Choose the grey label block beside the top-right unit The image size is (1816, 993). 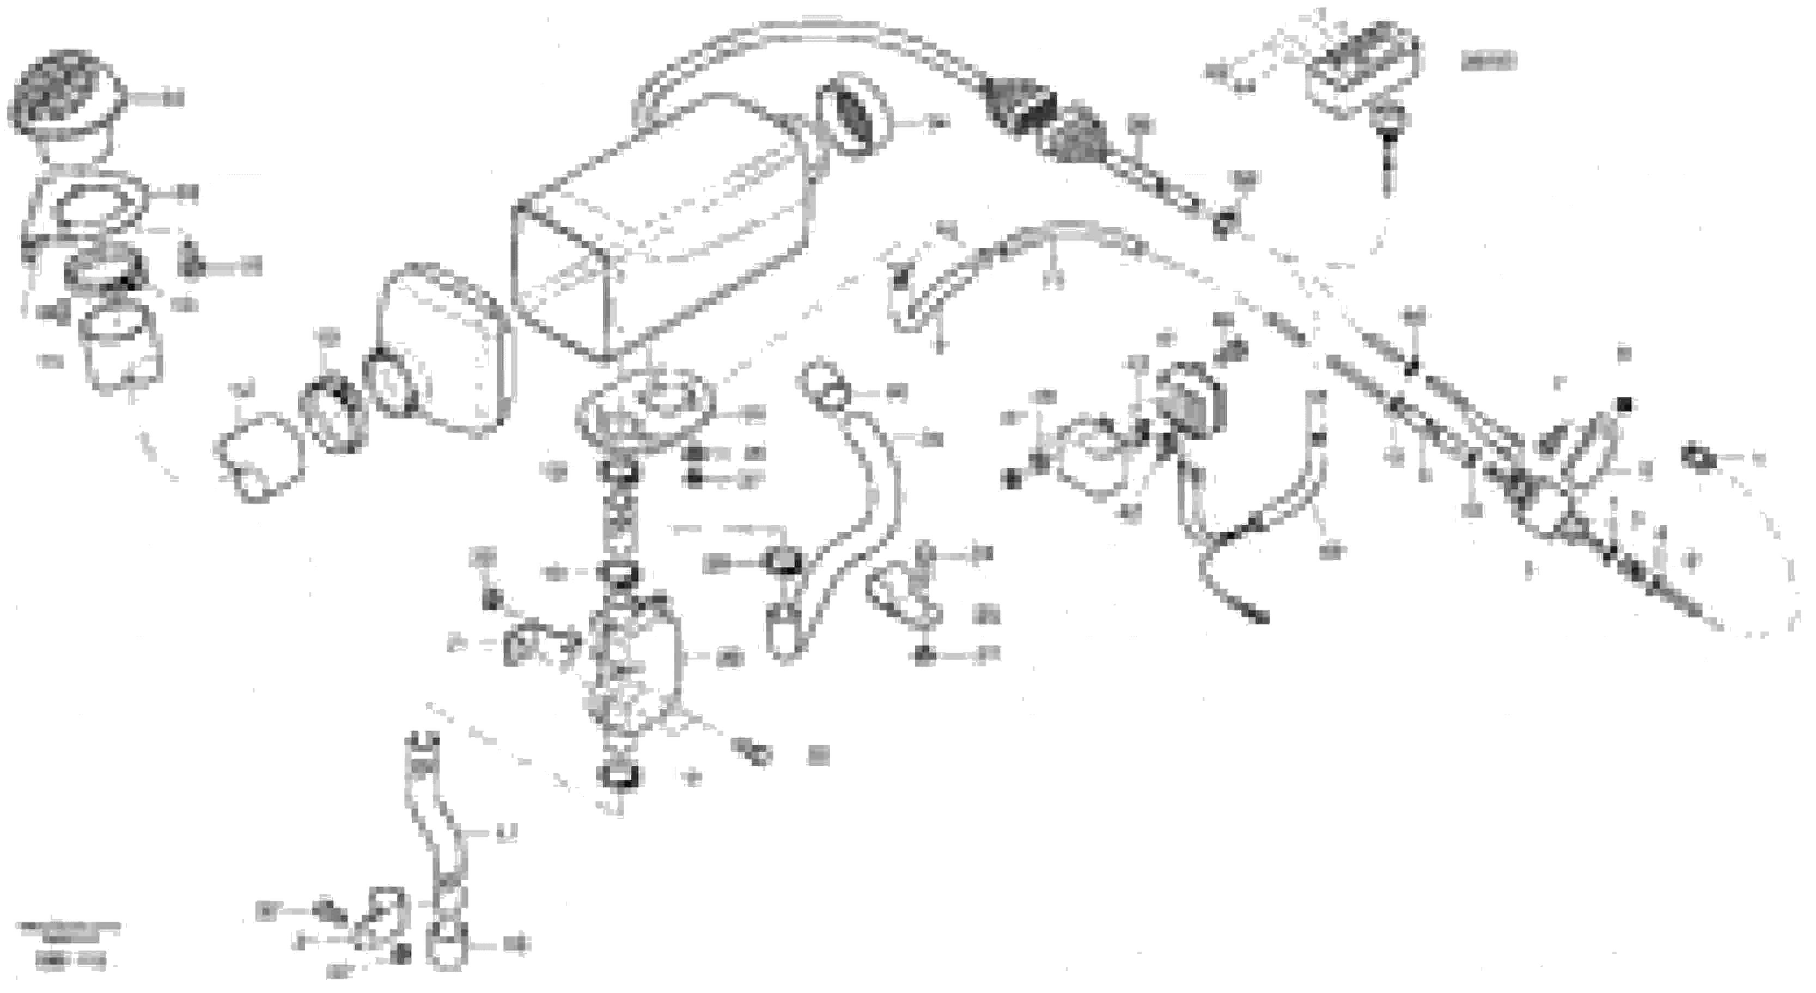(1488, 62)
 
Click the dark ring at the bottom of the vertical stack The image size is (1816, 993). (618, 775)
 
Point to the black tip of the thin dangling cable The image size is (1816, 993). (1258, 617)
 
